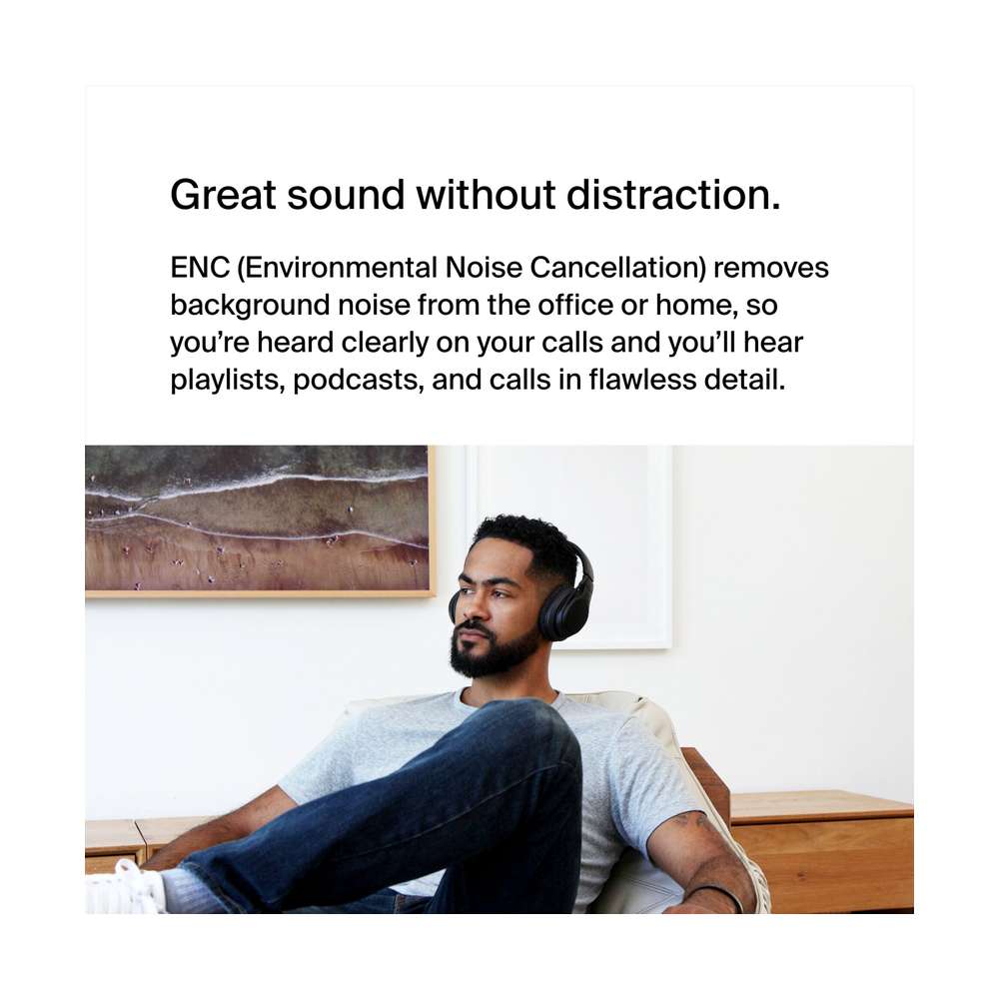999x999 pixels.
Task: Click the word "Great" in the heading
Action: (223, 195)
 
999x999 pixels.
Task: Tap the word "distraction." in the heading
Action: (673, 194)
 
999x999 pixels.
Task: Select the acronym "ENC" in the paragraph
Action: (200, 268)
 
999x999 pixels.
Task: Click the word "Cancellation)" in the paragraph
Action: (618, 268)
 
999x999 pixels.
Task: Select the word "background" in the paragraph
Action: (250, 306)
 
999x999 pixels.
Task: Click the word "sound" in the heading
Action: (346, 195)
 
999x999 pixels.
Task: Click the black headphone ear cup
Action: (558, 610)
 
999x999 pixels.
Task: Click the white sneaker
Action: (124, 889)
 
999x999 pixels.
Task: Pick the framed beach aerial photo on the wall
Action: (260, 521)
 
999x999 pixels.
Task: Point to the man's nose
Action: (469, 608)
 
